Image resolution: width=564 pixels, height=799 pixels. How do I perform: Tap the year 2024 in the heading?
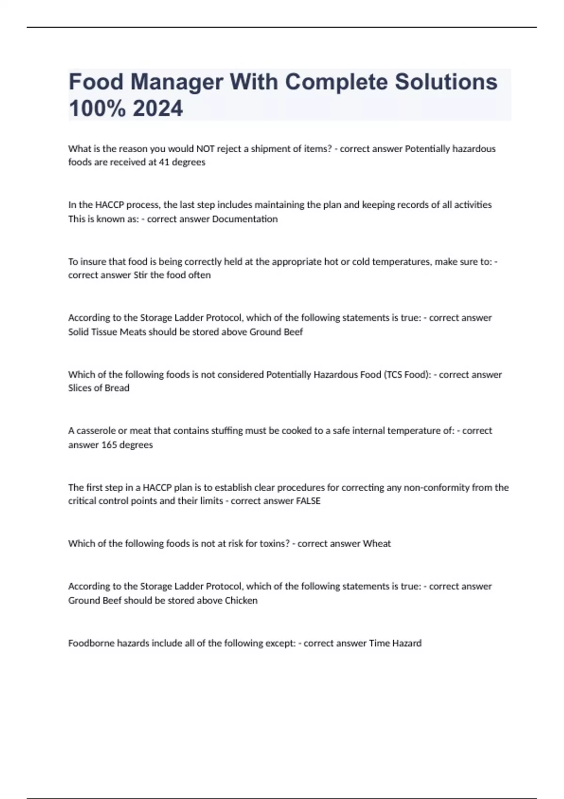[158, 109]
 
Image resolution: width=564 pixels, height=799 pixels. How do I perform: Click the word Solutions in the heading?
[446, 82]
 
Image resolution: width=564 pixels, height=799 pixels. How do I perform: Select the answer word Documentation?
[245, 219]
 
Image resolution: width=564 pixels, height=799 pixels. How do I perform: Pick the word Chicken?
[241, 601]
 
